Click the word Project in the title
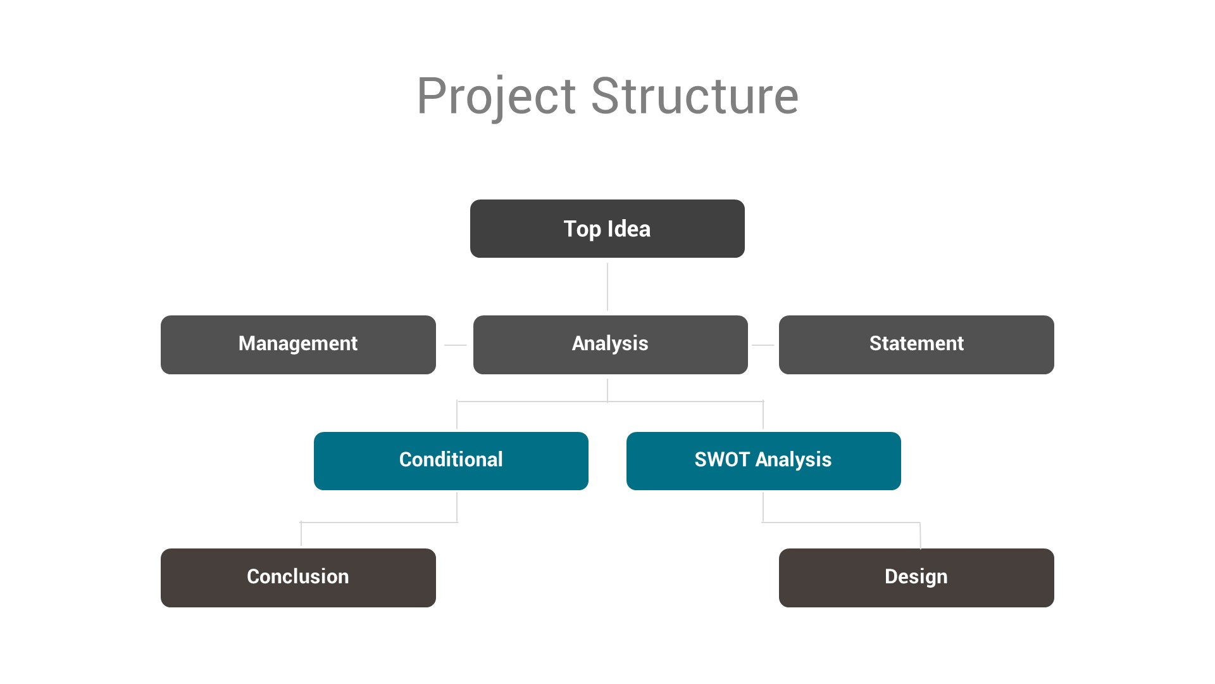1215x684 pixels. pos(495,96)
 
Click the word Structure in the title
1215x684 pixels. pos(694,96)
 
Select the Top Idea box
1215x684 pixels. pos(607,229)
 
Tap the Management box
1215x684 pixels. pos(298,345)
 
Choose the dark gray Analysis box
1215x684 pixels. pos(610,345)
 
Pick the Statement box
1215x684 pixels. pos(916,345)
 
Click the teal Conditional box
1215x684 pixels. pos(451,460)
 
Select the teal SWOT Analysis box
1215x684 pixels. pos(763,460)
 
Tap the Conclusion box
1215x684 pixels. pos(298,577)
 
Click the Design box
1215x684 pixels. pos(916,577)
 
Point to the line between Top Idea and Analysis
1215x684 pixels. pos(607,286)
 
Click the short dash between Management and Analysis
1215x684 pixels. pos(455,345)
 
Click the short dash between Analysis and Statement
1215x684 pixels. pos(763,345)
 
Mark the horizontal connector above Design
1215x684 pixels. pos(842,522)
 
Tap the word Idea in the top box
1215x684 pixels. pos(628,229)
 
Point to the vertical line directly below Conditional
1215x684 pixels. pos(457,507)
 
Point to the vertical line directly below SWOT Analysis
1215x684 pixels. pos(763,507)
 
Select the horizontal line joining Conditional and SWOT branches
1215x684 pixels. pos(532,402)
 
